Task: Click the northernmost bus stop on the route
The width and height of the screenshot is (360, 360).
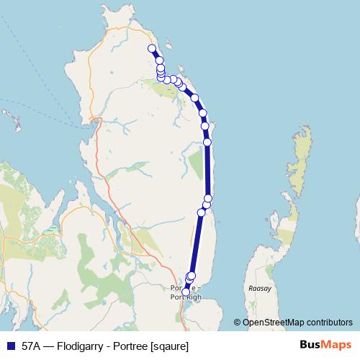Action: coord(152,48)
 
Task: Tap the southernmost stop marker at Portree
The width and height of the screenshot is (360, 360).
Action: coord(186,292)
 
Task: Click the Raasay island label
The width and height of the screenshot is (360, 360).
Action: coord(259,288)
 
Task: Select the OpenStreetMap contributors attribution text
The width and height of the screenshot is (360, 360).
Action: coord(297,323)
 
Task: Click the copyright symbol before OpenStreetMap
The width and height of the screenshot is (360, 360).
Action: coord(238,323)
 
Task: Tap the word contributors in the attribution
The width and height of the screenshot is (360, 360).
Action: coord(328,323)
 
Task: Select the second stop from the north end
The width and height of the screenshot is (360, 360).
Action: coord(159,60)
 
